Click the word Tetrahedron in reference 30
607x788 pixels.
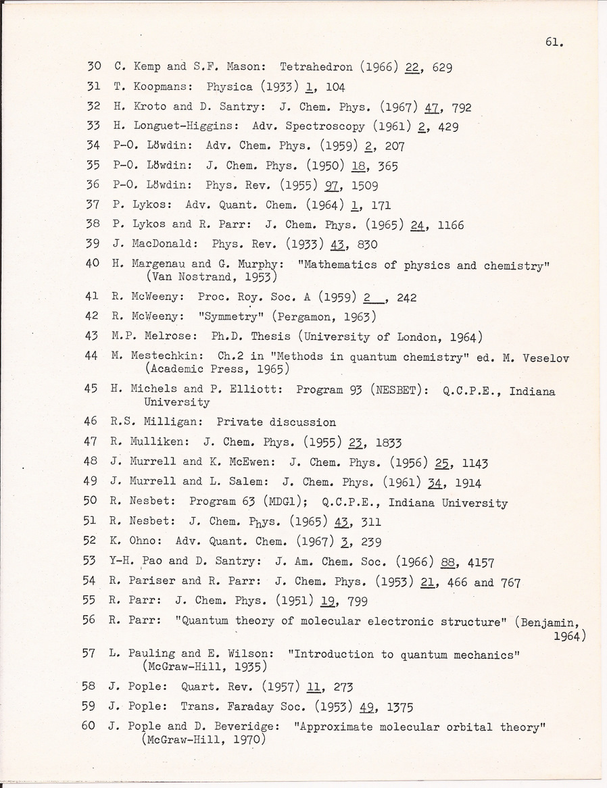pyautogui.click(x=312, y=68)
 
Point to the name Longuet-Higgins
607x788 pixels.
pyautogui.click(x=187, y=126)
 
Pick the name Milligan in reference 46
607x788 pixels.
pyautogui.click(x=171, y=422)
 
